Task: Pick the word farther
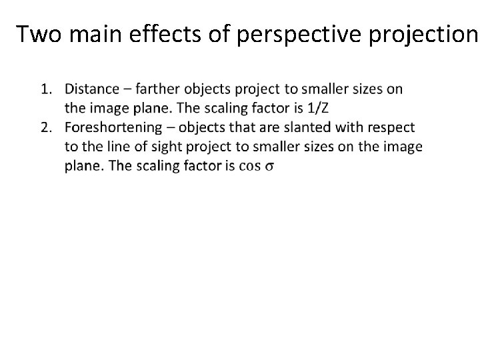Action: point(160,89)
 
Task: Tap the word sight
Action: point(160,147)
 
